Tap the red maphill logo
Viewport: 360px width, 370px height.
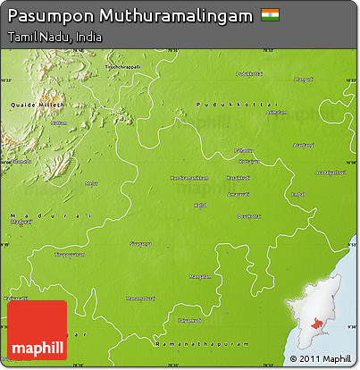point(37,331)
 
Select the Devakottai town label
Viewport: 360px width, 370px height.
point(248,216)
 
